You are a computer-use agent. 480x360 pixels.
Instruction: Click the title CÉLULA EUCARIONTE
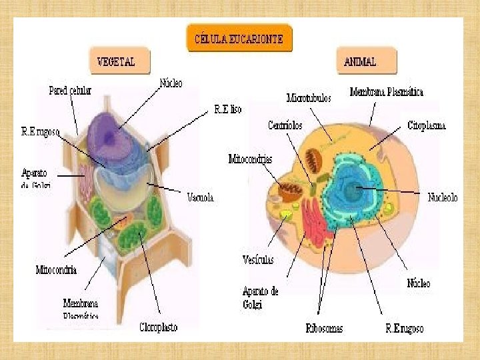coord(238,39)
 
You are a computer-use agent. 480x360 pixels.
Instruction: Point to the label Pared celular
coord(70,90)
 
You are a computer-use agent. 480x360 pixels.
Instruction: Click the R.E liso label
coord(227,109)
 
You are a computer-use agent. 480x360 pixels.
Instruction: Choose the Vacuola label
coord(201,197)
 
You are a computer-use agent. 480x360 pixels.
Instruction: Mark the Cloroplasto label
coord(158,327)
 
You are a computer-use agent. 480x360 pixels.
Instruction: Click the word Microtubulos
coord(309,98)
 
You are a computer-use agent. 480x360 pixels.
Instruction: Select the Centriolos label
coord(285,125)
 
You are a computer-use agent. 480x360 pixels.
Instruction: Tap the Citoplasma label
coord(427,125)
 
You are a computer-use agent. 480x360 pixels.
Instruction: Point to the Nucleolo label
coord(443,197)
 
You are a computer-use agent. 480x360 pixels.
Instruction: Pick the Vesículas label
coord(258,259)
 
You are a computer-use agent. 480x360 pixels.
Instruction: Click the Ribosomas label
coord(324,328)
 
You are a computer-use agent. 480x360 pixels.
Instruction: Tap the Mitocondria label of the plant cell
coord(56,270)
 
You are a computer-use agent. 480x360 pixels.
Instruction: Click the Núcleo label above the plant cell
coord(171,83)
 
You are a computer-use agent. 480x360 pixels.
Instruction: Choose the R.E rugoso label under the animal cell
coord(404,328)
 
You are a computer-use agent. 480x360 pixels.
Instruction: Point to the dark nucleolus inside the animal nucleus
coord(351,192)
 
